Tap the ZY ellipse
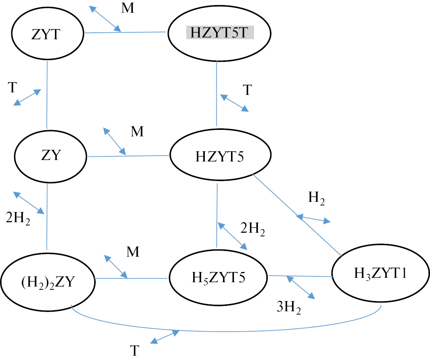[x=51, y=155]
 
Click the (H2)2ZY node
[x=47, y=281]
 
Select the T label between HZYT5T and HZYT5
[x=247, y=90]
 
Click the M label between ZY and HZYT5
[x=138, y=132]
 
